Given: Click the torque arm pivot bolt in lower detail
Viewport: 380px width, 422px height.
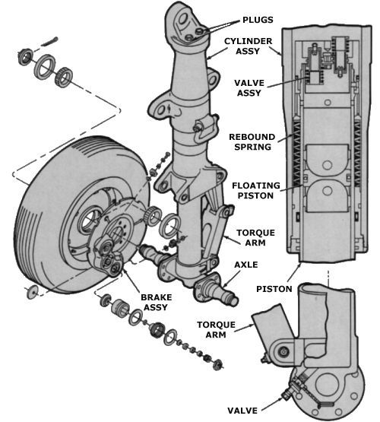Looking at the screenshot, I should pos(284,351).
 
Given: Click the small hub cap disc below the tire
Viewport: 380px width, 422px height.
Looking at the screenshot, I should pos(33,293).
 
